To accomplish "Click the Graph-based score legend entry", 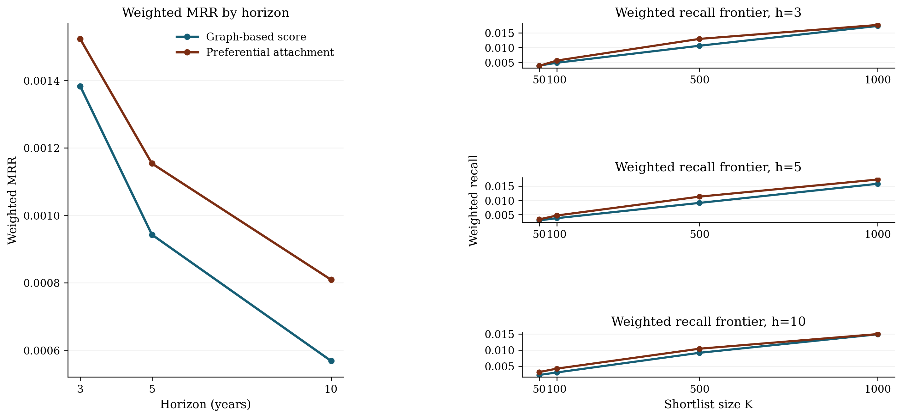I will click(256, 37).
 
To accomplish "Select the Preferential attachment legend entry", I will click(270, 52).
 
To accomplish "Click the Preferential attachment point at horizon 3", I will click(80, 39).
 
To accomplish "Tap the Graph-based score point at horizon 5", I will click(152, 235).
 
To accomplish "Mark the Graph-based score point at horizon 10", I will click(331, 361).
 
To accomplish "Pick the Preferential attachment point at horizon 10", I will click(331, 280).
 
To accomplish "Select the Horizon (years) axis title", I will click(205, 404).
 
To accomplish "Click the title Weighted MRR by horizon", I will click(205, 13).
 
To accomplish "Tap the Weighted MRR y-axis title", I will click(12, 201).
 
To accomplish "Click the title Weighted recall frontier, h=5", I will click(708, 167).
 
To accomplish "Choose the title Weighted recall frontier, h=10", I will click(708, 322).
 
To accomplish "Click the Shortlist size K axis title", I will click(708, 404).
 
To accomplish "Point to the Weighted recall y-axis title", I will click(474, 201).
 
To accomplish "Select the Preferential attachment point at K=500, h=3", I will click(699, 39).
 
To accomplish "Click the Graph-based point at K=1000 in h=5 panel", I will click(877, 184).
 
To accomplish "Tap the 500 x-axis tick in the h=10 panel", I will click(699, 389).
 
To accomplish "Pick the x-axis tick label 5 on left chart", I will click(152, 389).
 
